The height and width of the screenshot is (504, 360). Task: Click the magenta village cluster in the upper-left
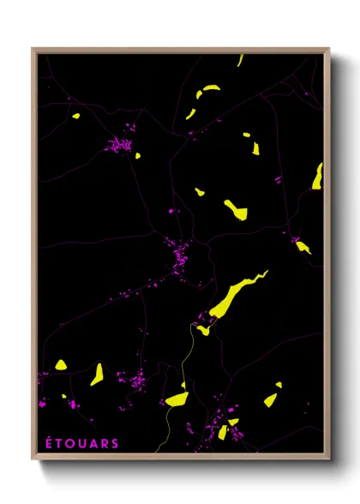pos(123,145)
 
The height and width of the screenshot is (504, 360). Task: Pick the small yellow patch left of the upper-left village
pos(75,117)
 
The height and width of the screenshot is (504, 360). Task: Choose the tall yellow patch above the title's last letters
pos(98,374)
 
